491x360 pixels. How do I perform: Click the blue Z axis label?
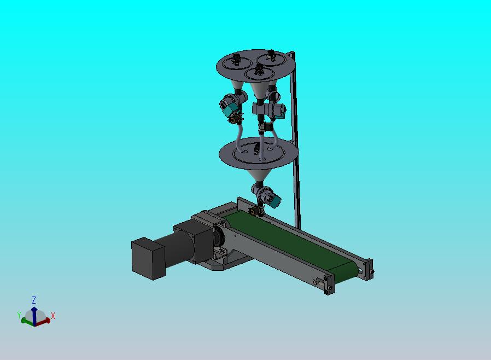point(34,300)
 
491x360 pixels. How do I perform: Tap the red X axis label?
point(53,316)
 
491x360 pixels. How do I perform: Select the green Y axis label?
point(19,315)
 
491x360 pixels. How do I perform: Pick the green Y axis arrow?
point(27,321)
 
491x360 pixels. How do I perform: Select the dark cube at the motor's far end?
point(148,258)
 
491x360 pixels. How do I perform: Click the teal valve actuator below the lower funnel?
point(275,201)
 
